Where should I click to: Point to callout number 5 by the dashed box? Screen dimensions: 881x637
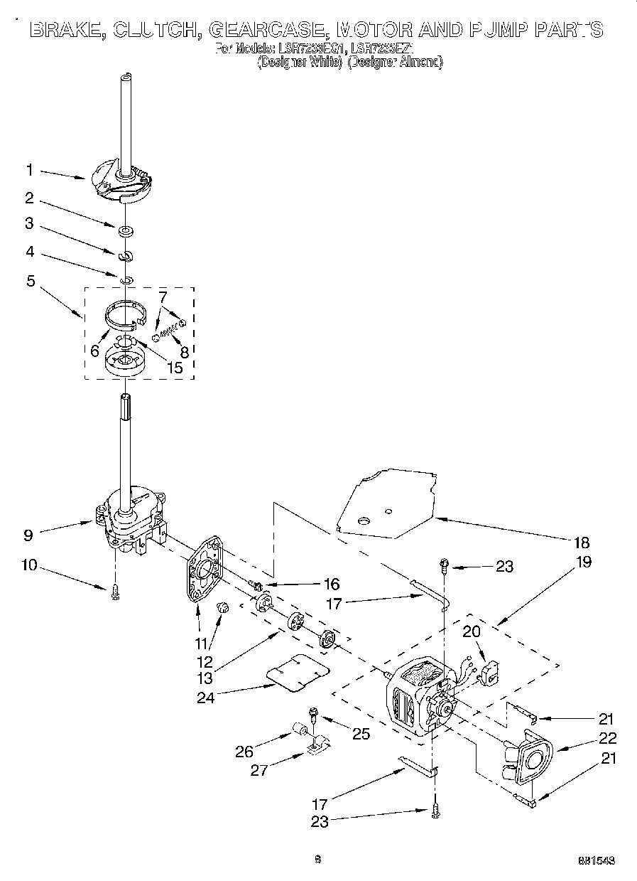(30, 280)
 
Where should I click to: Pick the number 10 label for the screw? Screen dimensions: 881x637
(31, 567)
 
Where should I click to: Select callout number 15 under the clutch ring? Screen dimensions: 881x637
(173, 368)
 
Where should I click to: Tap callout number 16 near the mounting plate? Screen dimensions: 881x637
(331, 584)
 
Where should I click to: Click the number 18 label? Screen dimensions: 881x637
(581, 543)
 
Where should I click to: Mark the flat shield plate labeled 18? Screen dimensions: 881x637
(387, 501)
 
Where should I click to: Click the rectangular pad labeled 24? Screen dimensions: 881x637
(297, 672)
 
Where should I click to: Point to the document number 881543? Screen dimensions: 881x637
(596, 860)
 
